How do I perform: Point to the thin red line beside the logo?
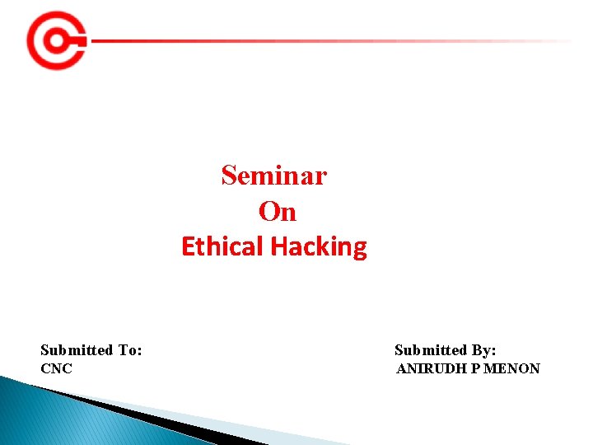(x=329, y=40)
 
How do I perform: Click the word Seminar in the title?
(x=273, y=176)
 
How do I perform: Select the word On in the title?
(x=277, y=212)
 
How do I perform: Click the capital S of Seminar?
(x=228, y=176)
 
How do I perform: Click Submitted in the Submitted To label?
(x=77, y=350)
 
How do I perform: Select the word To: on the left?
(x=129, y=350)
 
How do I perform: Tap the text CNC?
(x=56, y=368)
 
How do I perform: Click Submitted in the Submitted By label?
(x=431, y=350)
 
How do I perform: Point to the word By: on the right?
(x=483, y=350)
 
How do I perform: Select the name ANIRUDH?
(x=432, y=368)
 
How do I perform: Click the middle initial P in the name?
(x=475, y=368)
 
